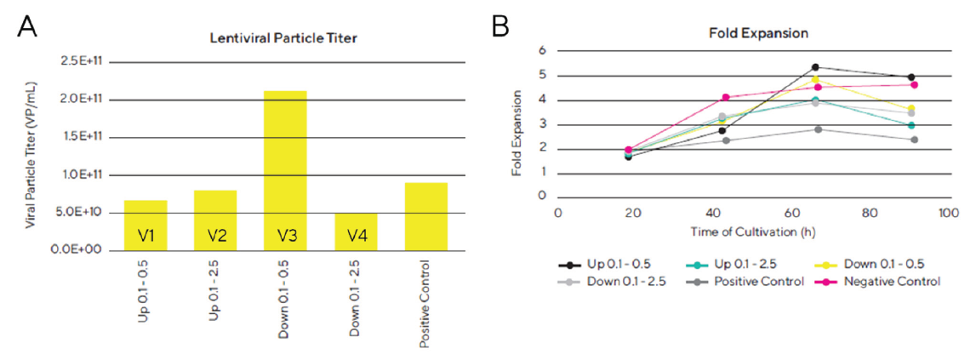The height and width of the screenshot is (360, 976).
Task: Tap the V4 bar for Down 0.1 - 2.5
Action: [356, 231]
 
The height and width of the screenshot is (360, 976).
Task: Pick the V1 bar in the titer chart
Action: [146, 226]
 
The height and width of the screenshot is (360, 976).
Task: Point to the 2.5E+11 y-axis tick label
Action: [79, 62]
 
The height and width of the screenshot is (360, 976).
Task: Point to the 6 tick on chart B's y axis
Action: [540, 50]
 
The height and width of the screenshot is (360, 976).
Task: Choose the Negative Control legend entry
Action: [891, 281]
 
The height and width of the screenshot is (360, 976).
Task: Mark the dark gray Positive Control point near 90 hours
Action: [914, 140]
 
